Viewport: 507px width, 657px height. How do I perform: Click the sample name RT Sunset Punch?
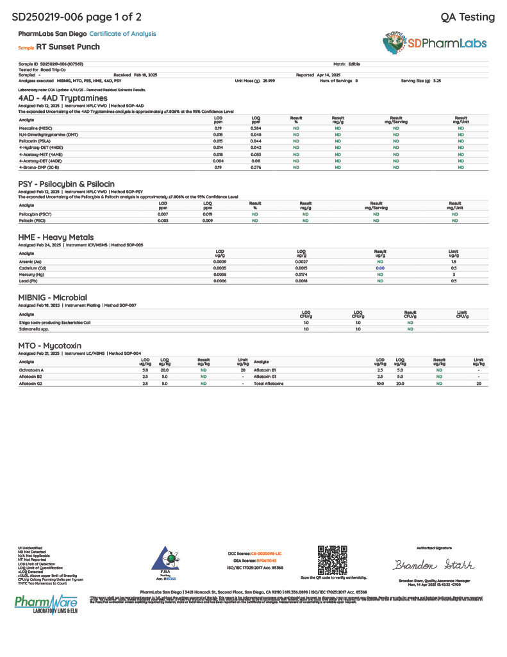68,47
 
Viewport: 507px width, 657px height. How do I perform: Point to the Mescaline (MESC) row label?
36,128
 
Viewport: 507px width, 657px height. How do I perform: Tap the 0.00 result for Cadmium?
380,268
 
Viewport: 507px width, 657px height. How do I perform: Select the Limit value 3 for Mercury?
454,274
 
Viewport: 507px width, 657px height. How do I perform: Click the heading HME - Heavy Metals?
56,237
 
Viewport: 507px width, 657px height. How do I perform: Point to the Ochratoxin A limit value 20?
243,370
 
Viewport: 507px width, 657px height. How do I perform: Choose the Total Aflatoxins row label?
269,383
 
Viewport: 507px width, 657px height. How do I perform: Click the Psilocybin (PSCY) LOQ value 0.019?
208,214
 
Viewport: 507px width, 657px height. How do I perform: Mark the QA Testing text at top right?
468,17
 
